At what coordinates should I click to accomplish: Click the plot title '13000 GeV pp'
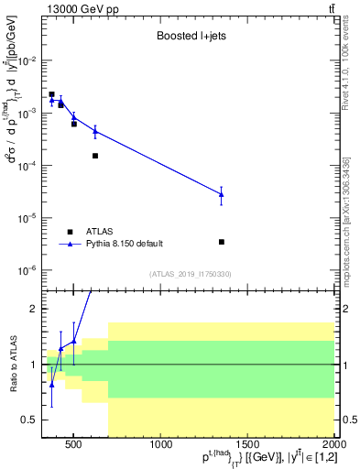click(x=72, y=8)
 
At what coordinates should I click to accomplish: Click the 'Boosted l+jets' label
click(x=187, y=37)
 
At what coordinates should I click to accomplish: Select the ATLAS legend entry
click(x=100, y=232)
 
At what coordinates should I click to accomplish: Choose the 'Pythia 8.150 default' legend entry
click(x=124, y=244)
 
